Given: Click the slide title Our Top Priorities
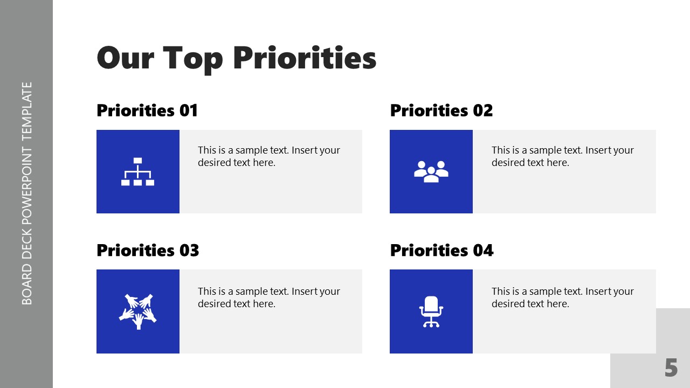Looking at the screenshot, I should click(236, 58).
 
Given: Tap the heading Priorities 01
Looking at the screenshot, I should click(147, 110).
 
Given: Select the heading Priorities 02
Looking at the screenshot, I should click(441, 110).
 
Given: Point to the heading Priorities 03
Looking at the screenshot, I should click(148, 251).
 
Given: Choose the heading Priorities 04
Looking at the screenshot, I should click(441, 251).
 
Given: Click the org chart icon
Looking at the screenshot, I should click(137, 171).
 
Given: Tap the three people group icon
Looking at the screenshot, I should click(431, 171).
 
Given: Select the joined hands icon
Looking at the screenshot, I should click(137, 311).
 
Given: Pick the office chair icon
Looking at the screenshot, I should click(431, 311).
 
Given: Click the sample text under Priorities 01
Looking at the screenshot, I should click(269, 156).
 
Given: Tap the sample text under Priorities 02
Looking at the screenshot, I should click(562, 156).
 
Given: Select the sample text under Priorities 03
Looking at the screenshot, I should click(269, 297).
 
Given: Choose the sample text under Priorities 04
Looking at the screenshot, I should click(562, 297).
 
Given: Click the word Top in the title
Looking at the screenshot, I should click(192, 58).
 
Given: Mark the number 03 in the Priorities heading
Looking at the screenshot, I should click(189, 251).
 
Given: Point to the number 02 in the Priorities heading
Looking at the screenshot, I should click(483, 110).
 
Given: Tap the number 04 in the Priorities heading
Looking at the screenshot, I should click(484, 251).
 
